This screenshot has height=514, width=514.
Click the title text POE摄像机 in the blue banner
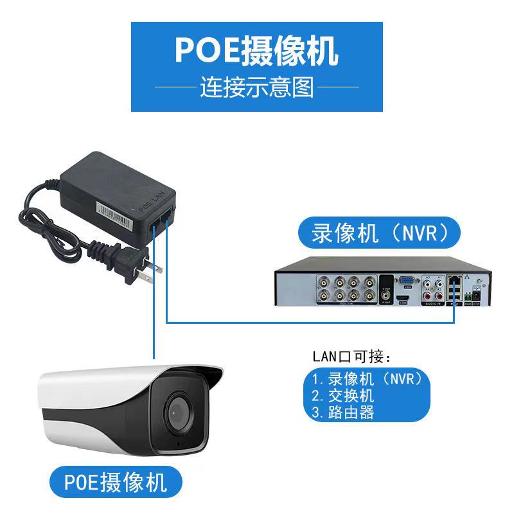pyautogui.click(x=256, y=51)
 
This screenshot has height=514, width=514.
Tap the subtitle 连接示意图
pyautogui.click(x=256, y=87)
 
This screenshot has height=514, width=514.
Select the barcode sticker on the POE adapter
pyautogui.click(x=116, y=216)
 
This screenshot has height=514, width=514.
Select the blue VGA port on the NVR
pyautogui.click(x=406, y=280)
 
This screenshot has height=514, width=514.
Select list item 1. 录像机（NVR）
pyautogui.click(x=367, y=378)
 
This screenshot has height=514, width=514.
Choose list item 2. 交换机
pyautogui.click(x=343, y=395)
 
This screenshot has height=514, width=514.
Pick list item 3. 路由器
pyautogui.click(x=343, y=412)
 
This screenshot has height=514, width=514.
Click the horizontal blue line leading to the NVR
pyautogui.click(x=308, y=321)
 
